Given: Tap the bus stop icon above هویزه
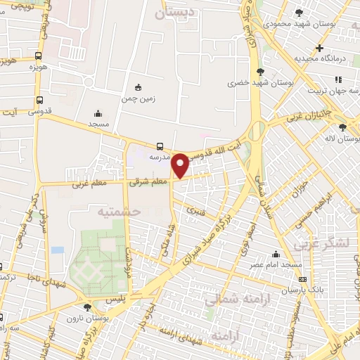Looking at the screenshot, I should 38,56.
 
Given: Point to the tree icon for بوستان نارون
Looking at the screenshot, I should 86,307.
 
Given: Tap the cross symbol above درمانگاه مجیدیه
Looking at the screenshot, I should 319,49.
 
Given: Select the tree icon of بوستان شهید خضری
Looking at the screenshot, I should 260,71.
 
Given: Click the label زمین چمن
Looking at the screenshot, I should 138,99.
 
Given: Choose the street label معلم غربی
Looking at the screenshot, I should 89,184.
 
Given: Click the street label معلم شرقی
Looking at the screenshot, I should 150,181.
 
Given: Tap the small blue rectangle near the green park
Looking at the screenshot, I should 57,250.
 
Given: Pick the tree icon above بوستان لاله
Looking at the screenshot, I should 342,127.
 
